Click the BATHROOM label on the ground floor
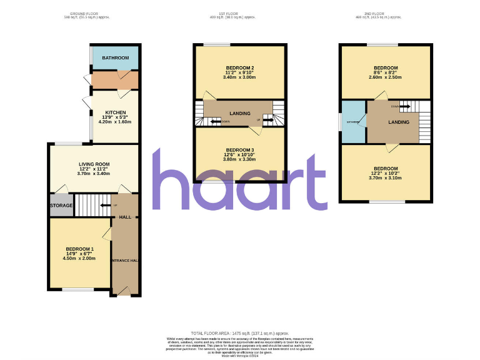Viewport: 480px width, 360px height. (115, 58)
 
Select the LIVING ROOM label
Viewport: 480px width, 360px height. (94, 164)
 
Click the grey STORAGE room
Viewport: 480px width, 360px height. (61, 206)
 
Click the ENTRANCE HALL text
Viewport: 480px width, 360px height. (124, 260)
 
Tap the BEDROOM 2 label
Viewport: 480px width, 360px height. (239, 67)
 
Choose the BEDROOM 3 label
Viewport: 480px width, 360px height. (239, 150)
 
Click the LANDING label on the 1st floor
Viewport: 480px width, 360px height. (240, 113)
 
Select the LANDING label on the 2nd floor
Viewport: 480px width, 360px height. (399, 122)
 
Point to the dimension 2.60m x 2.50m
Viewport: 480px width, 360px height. (386, 78)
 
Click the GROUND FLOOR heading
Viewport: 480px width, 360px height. (86, 13)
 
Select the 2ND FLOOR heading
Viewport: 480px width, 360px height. (386, 13)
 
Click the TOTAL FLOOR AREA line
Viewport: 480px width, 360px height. (240, 334)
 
